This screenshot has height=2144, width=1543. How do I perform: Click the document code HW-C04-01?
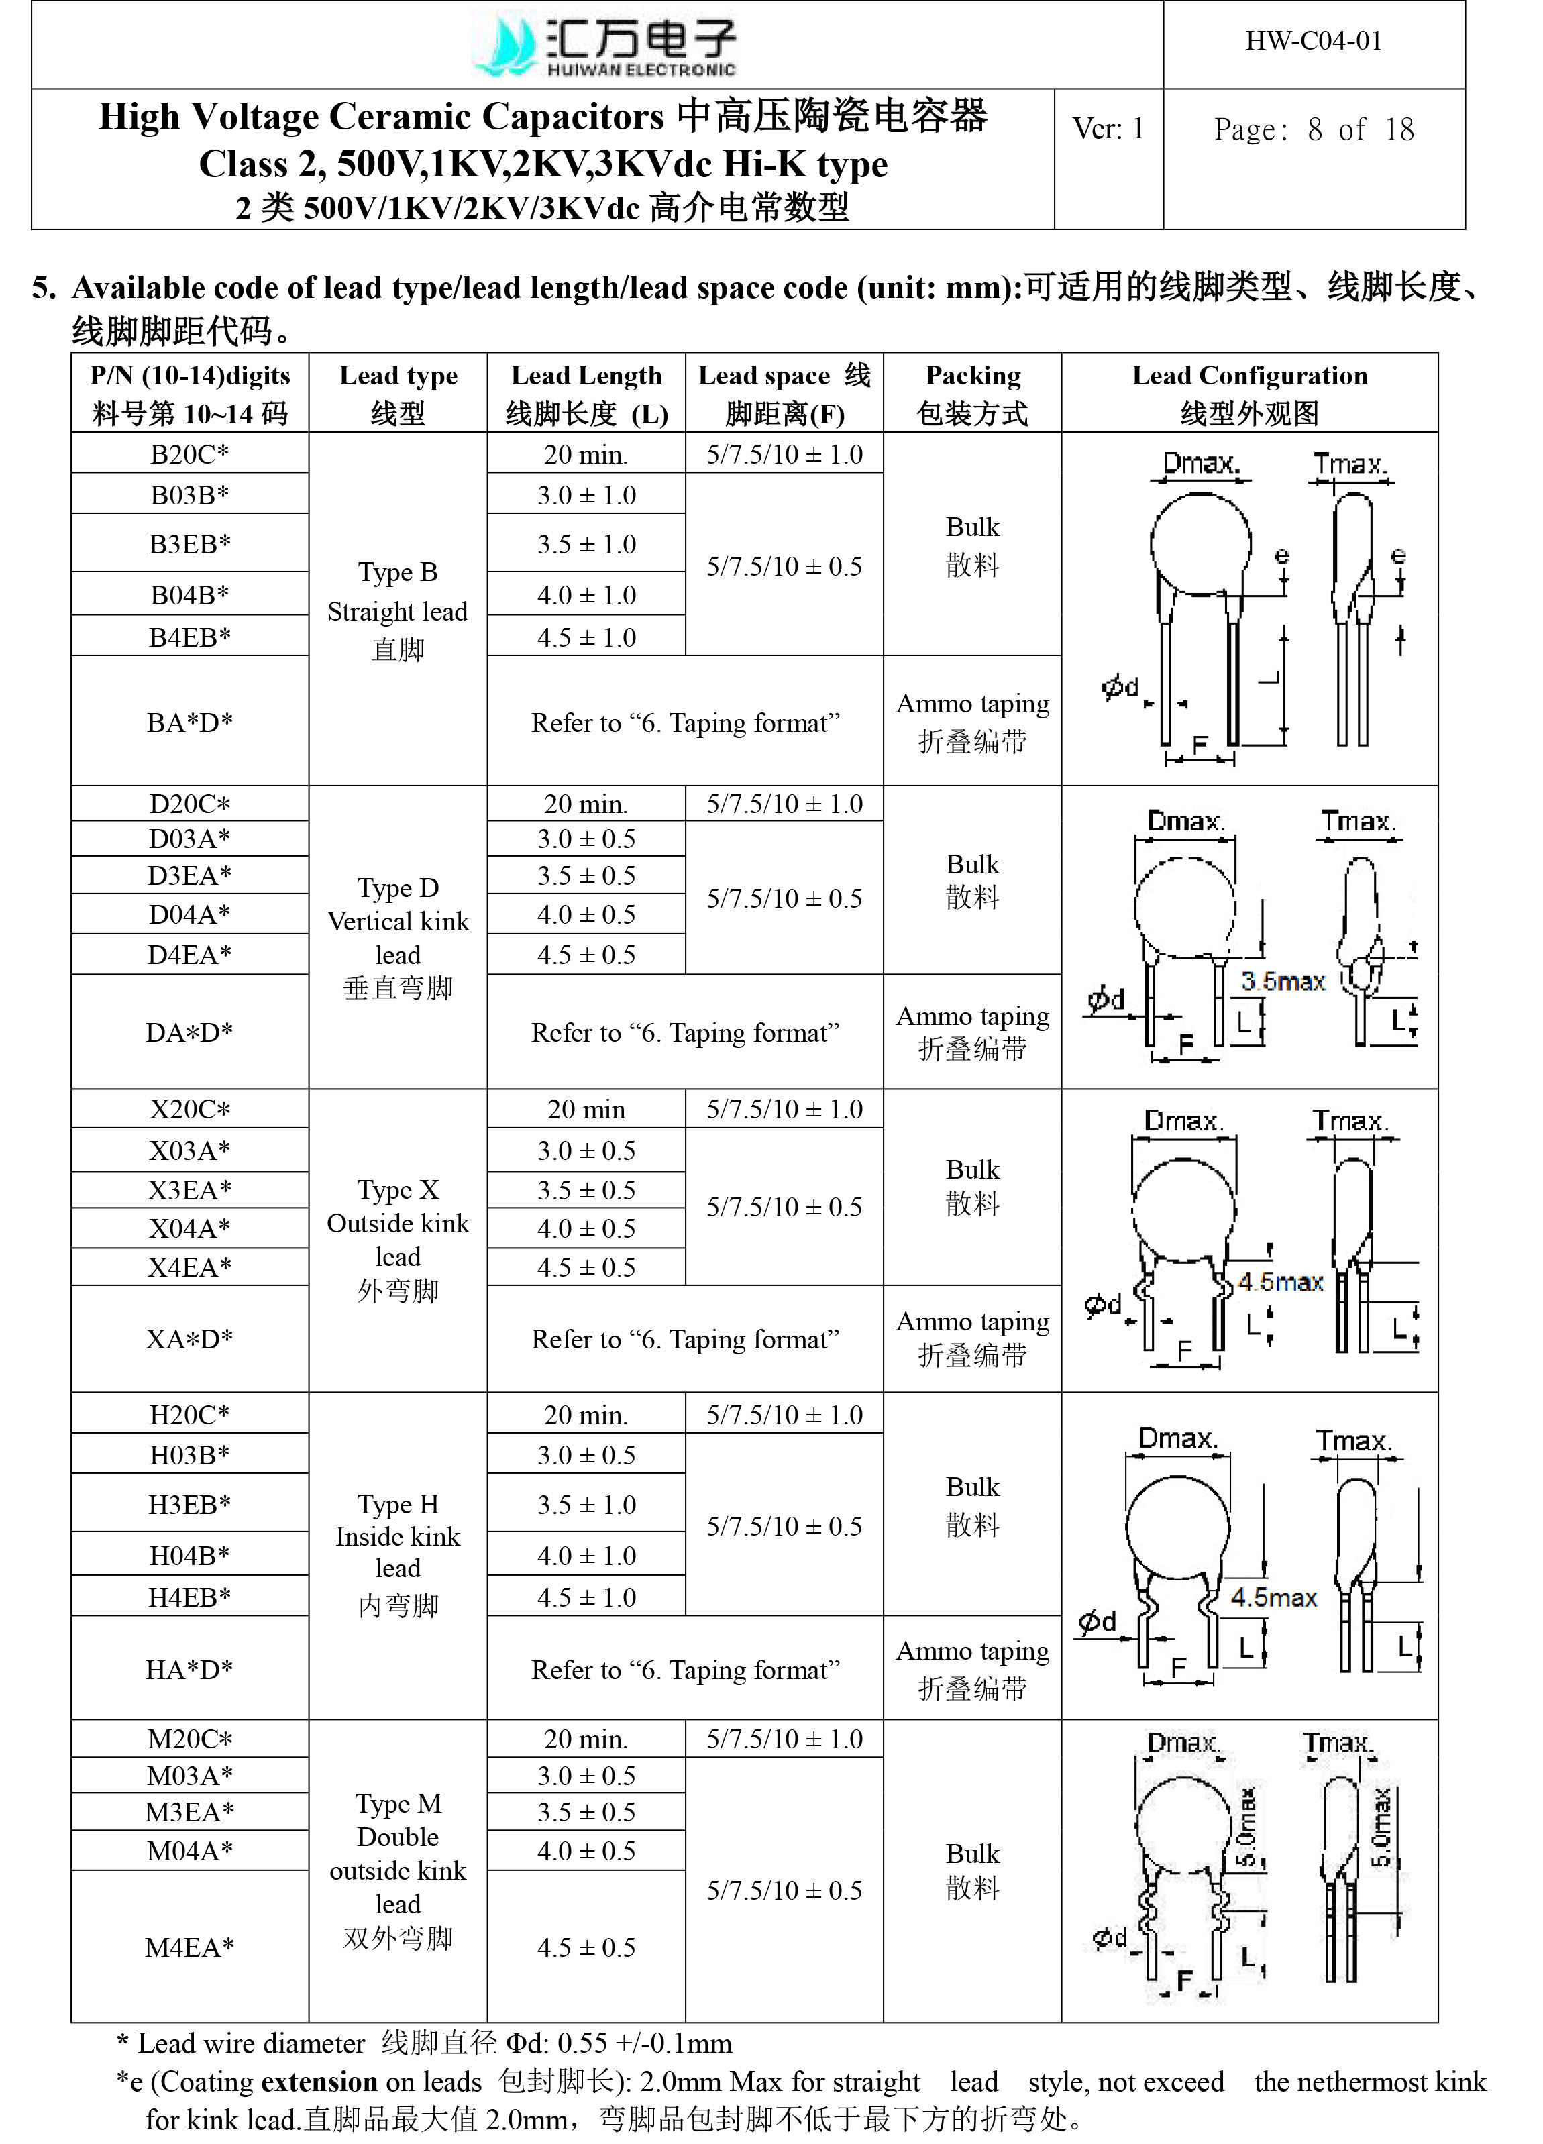tap(1314, 41)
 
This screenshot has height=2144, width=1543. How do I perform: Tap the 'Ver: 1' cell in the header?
tap(1108, 129)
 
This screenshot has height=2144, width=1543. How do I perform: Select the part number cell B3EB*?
tap(190, 543)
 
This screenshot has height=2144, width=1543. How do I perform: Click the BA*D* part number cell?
tap(190, 722)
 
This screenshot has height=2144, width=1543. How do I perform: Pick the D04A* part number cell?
tap(190, 914)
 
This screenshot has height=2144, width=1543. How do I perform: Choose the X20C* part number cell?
tap(190, 1109)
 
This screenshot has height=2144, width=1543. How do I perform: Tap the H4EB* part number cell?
tap(190, 1597)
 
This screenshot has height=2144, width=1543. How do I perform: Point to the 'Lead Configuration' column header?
tap(1249, 393)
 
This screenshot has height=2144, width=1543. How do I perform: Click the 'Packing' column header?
tap(972, 393)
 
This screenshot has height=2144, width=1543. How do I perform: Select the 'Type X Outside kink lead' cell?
tap(398, 1239)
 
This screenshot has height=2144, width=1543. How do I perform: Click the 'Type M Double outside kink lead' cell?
tap(398, 1870)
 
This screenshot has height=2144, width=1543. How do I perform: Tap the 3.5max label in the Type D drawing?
tap(1283, 981)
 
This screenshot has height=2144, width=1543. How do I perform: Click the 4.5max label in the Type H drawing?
tap(1273, 1597)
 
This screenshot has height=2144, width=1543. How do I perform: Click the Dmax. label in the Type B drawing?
tap(1201, 463)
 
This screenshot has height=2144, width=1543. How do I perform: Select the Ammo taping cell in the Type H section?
tap(972, 1668)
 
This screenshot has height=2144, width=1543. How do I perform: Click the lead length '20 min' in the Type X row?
tap(586, 1109)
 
